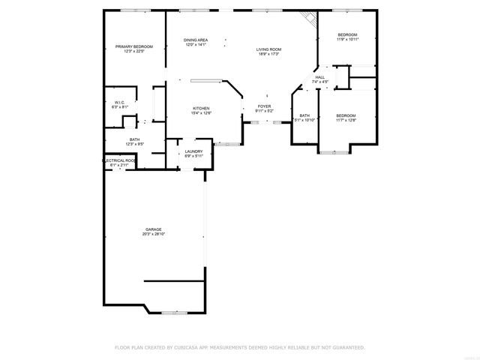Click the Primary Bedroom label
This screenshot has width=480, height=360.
click(x=134, y=46)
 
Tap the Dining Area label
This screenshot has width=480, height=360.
click(x=196, y=40)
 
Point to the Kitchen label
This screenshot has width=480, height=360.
click(x=201, y=109)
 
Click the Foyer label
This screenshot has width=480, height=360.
click(x=265, y=106)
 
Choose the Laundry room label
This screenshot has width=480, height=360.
click(x=193, y=151)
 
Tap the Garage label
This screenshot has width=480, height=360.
click(x=154, y=229)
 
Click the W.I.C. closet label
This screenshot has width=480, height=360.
click(x=119, y=103)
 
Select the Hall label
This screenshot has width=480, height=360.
click(x=320, y=77)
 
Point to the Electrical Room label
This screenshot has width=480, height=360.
click(x=118, y=160)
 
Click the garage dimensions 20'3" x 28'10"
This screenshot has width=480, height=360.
click(x=154, y=235)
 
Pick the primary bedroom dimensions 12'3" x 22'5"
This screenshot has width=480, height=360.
click(x=134, y=51)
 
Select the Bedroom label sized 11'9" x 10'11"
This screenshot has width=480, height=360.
click(x=347, y=34)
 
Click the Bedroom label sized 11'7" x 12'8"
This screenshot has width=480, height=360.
click(x=346, y=115)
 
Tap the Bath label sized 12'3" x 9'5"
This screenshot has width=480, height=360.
click(x=134, y=139)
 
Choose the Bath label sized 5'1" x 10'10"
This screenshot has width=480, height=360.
click(x=304, y=115)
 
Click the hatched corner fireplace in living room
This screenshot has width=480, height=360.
click(x=307, y=18)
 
